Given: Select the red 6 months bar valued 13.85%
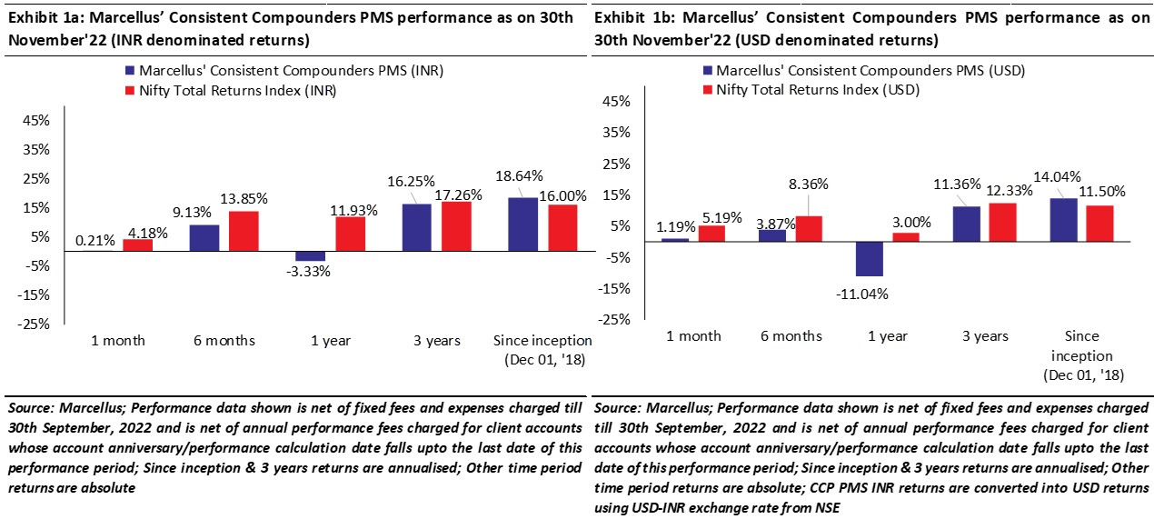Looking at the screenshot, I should point(244,231).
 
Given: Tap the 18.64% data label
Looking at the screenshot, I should point(521,175).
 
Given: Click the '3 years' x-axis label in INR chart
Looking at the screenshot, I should point(437,341).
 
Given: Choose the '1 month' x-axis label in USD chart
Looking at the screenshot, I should point(694,336).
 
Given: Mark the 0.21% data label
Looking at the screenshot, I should point(95,241).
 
